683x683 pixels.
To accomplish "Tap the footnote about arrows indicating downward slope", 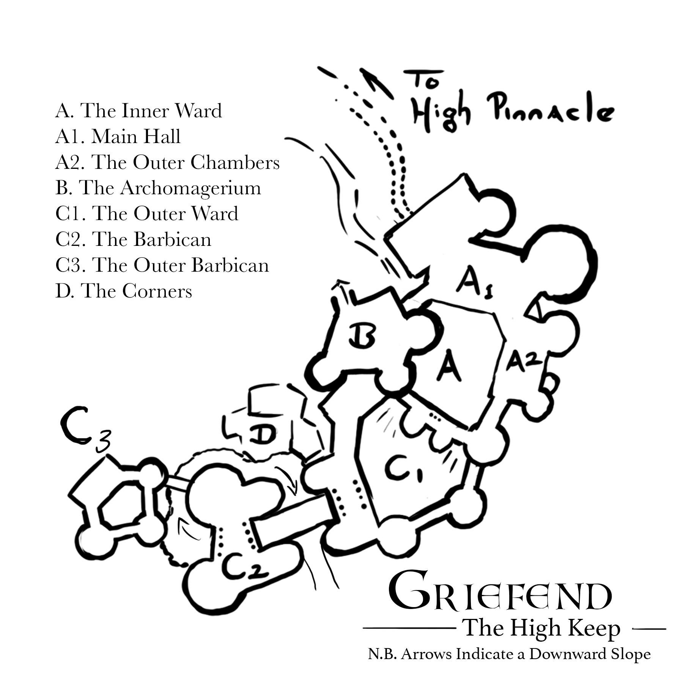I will pos(509,654).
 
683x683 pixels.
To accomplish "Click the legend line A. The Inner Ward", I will pos(138,111).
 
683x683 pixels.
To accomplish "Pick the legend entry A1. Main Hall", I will pos(118,137).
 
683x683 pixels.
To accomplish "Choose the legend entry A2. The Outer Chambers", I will pos(167,162).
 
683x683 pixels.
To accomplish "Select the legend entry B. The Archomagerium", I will pos(158,188).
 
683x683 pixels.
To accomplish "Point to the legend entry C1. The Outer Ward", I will pos(147,214).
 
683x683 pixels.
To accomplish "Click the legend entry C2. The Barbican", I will pos(133,239).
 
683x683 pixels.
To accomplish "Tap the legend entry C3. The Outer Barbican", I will pos(162,265).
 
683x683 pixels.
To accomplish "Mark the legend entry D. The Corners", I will pos(124,291).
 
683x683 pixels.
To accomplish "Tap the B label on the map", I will pos(362,335).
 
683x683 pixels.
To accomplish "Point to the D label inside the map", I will pos(263,434).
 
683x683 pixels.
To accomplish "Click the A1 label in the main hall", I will pos(473,285).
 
